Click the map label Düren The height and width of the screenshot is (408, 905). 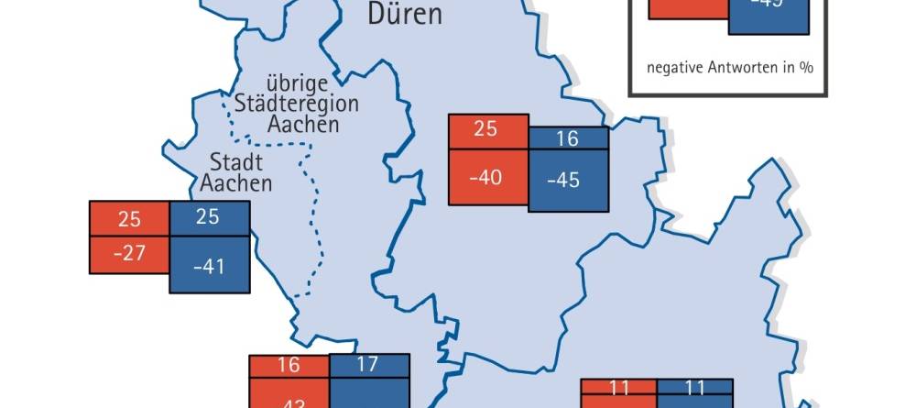tap(404, 14)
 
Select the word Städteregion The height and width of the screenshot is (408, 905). tap(296, 103)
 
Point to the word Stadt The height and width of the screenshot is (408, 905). tap(236, 162)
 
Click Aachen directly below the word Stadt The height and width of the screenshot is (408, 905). tap(236, 182)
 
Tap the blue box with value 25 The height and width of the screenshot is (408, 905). tap(209, 218)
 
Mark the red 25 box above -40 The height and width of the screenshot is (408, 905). tap(487, 129)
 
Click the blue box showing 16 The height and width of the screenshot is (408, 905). tap(568, 138)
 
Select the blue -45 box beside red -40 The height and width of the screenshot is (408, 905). tap(568, 180)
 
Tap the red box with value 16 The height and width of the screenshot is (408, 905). tap(289, 365)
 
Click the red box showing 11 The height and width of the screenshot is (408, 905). tap(619, 388)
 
